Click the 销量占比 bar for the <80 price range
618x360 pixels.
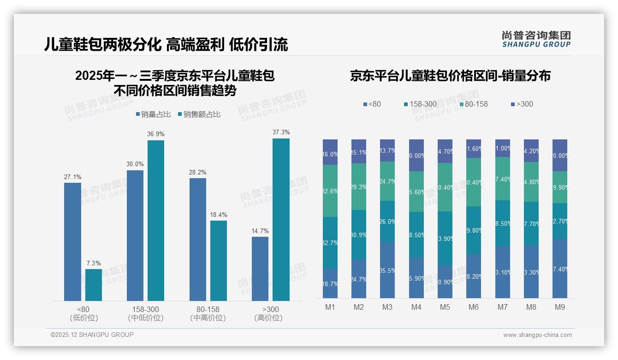pos(72,242)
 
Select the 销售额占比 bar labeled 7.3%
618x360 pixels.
pos(94,285)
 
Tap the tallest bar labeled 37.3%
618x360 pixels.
pos(281,220)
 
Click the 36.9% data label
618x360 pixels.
pos(156,134)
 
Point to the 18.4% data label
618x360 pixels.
pos(219,215)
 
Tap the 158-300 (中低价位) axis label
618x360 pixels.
pos(146,313)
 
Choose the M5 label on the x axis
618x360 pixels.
pos(445,307)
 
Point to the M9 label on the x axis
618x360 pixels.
pos(559,307)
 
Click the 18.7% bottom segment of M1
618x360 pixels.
pos(330,283)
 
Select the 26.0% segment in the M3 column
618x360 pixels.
pos(387,222)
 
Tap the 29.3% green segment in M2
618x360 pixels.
pos(359,187)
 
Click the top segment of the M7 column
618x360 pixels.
pos(502,148)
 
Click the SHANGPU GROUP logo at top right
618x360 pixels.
pos(536,39)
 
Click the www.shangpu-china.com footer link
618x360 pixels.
pos(537,335)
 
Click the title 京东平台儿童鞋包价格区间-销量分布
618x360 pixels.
pos(450,76)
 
